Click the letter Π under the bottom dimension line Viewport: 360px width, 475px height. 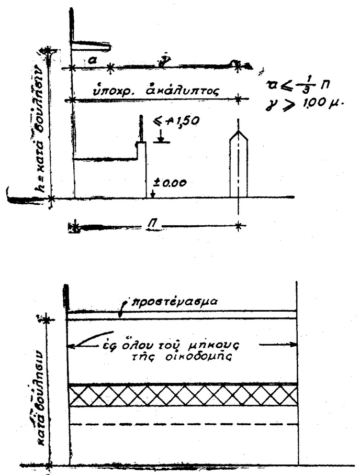[x=153, y=225]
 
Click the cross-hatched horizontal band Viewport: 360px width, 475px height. [x=183, y=395]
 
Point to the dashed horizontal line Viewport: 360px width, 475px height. [x=183, y=424]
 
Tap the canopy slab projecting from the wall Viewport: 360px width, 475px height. [x=91, y=48]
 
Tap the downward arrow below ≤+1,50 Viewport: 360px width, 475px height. [x=161, y=138]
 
